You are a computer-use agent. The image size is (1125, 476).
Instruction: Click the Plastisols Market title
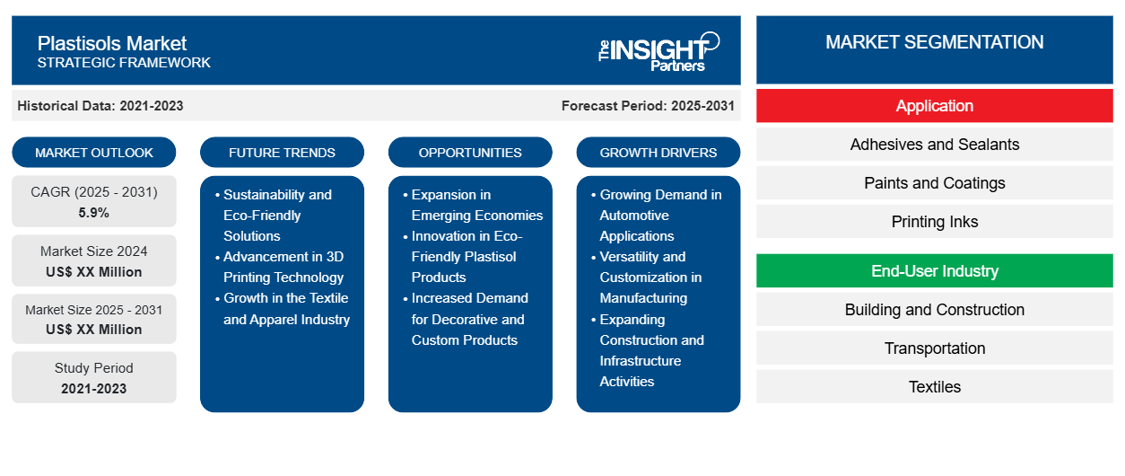point(112,43)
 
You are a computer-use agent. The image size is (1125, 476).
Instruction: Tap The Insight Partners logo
point(658,51)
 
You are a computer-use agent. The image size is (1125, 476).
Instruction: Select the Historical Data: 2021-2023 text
point(100,106)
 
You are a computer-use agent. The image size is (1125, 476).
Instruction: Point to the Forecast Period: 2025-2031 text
point(648,106)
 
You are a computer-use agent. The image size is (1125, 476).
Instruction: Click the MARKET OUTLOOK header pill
point(94,153)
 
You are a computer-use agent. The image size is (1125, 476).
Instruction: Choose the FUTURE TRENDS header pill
point(282,153)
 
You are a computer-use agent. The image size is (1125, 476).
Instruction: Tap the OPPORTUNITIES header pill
point(470,153)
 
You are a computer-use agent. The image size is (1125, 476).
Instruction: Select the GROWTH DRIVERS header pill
point(658,153)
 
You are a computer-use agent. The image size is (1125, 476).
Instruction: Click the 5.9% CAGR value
point(94,213)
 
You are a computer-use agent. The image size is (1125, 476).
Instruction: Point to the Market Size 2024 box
point(94,261)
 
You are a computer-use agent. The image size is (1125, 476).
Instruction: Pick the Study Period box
point(94,378)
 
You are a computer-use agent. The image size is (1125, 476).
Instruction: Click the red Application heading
point(934,106)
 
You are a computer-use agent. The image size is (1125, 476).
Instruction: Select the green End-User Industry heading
point(934,271)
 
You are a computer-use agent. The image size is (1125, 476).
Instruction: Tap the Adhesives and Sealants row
point(934,145)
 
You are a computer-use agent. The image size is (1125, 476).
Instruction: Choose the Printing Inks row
point(934,222)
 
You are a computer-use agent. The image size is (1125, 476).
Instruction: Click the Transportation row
point(934,348)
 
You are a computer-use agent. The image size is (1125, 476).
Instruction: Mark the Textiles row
point(934,387)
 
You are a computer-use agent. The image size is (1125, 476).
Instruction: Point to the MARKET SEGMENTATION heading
point(934,42)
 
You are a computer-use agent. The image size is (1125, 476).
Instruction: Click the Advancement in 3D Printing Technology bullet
point(283,267)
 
